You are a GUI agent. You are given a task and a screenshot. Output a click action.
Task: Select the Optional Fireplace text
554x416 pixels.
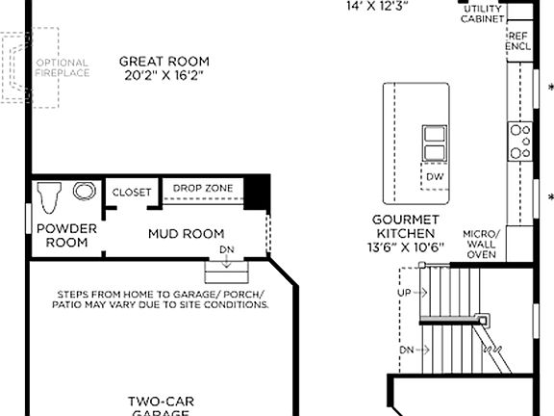[x=63, y=67]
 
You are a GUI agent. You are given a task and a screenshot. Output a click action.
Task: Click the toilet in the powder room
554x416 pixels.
[x=51, y=198]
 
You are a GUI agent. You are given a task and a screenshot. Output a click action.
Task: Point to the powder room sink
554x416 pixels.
[x=82, y=191]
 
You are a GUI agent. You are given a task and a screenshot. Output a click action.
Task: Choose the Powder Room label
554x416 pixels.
[x=66, y=235]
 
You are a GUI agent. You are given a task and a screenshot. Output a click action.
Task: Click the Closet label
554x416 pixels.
[x=132, y=193]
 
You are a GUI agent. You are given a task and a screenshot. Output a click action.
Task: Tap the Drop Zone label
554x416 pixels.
[x=203, y=188]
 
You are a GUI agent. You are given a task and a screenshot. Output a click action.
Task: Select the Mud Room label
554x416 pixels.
[x=186, y=233]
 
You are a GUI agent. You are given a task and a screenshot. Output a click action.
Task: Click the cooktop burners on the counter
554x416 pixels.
[x=520, y=141]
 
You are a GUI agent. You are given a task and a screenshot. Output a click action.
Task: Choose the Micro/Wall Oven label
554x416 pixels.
[x=480, y=244]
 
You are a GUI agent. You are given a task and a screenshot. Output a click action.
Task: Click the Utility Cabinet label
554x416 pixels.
[x=482, y=13]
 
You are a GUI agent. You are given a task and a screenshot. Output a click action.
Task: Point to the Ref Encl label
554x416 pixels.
[x=518, y=39]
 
